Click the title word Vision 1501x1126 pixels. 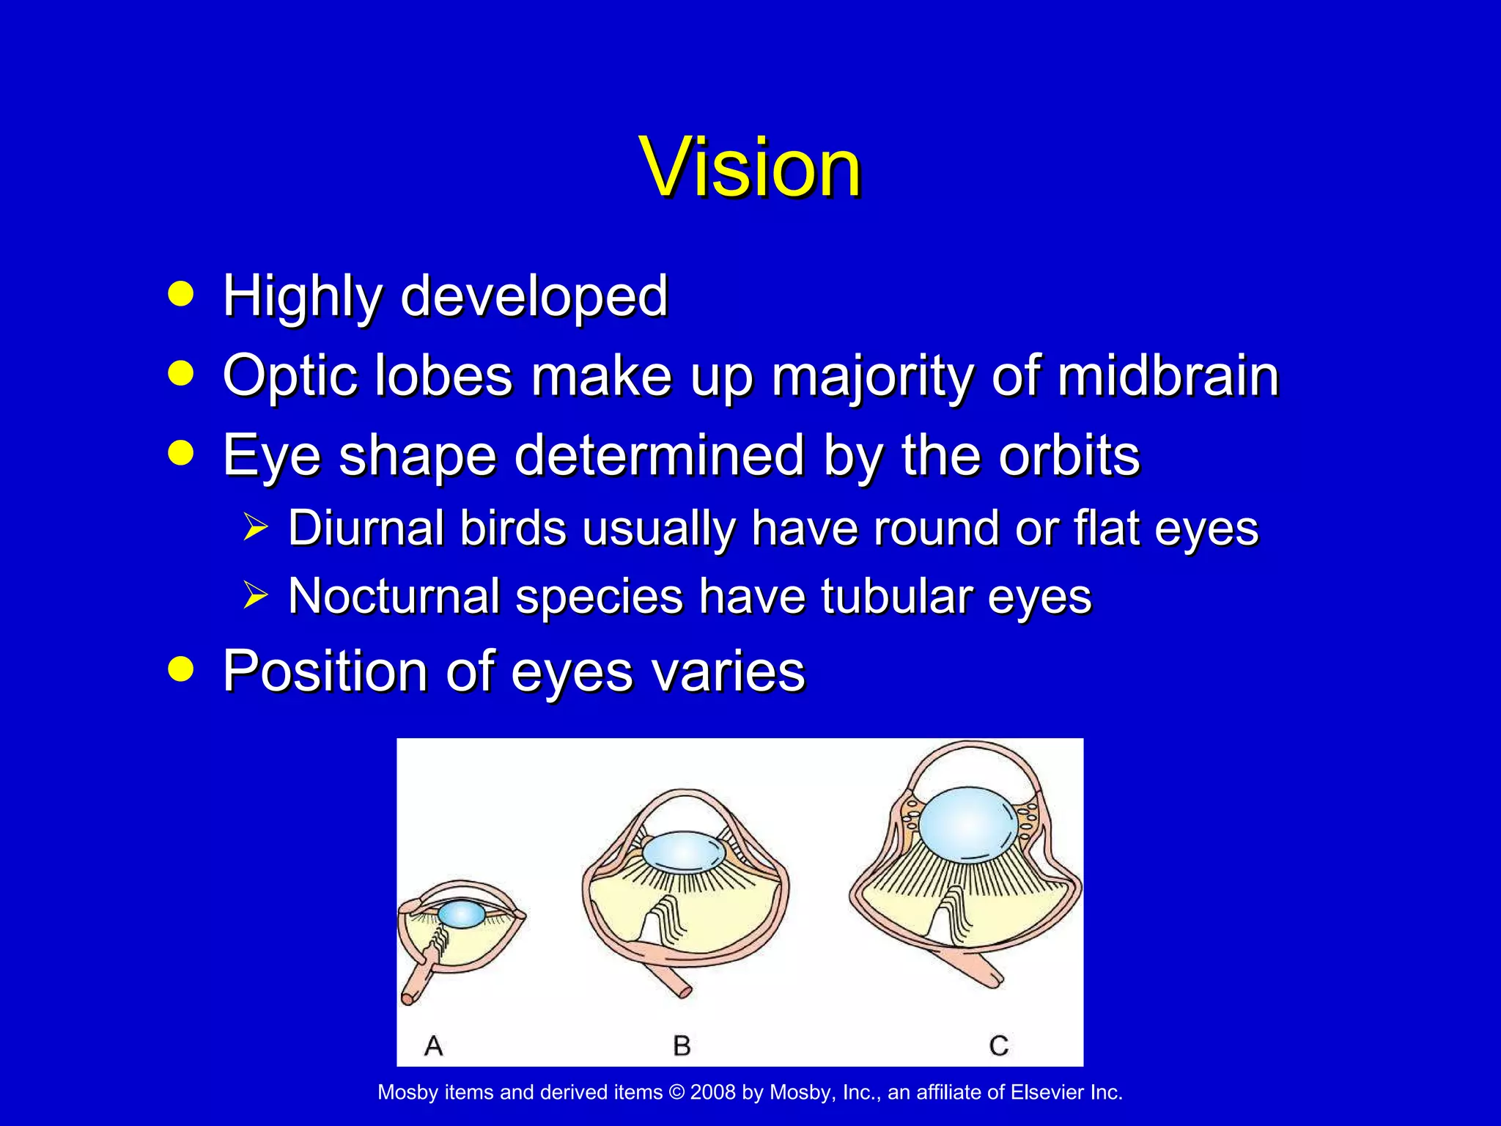click(x=750, y=168)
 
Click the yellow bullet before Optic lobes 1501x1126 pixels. click(x=180, y=373)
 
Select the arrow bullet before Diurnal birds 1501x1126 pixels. click(x=255, y=528)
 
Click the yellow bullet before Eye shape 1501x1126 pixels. click(x=180, y=453)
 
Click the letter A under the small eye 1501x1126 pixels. click(x=434, y=1045)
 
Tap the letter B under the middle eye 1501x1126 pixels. click(x=682, y=1045)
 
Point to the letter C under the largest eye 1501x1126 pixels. click(x=998, y=1045)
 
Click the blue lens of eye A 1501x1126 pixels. click(x=462, y=914)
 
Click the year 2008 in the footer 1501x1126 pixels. click(x=712, y=1092)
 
